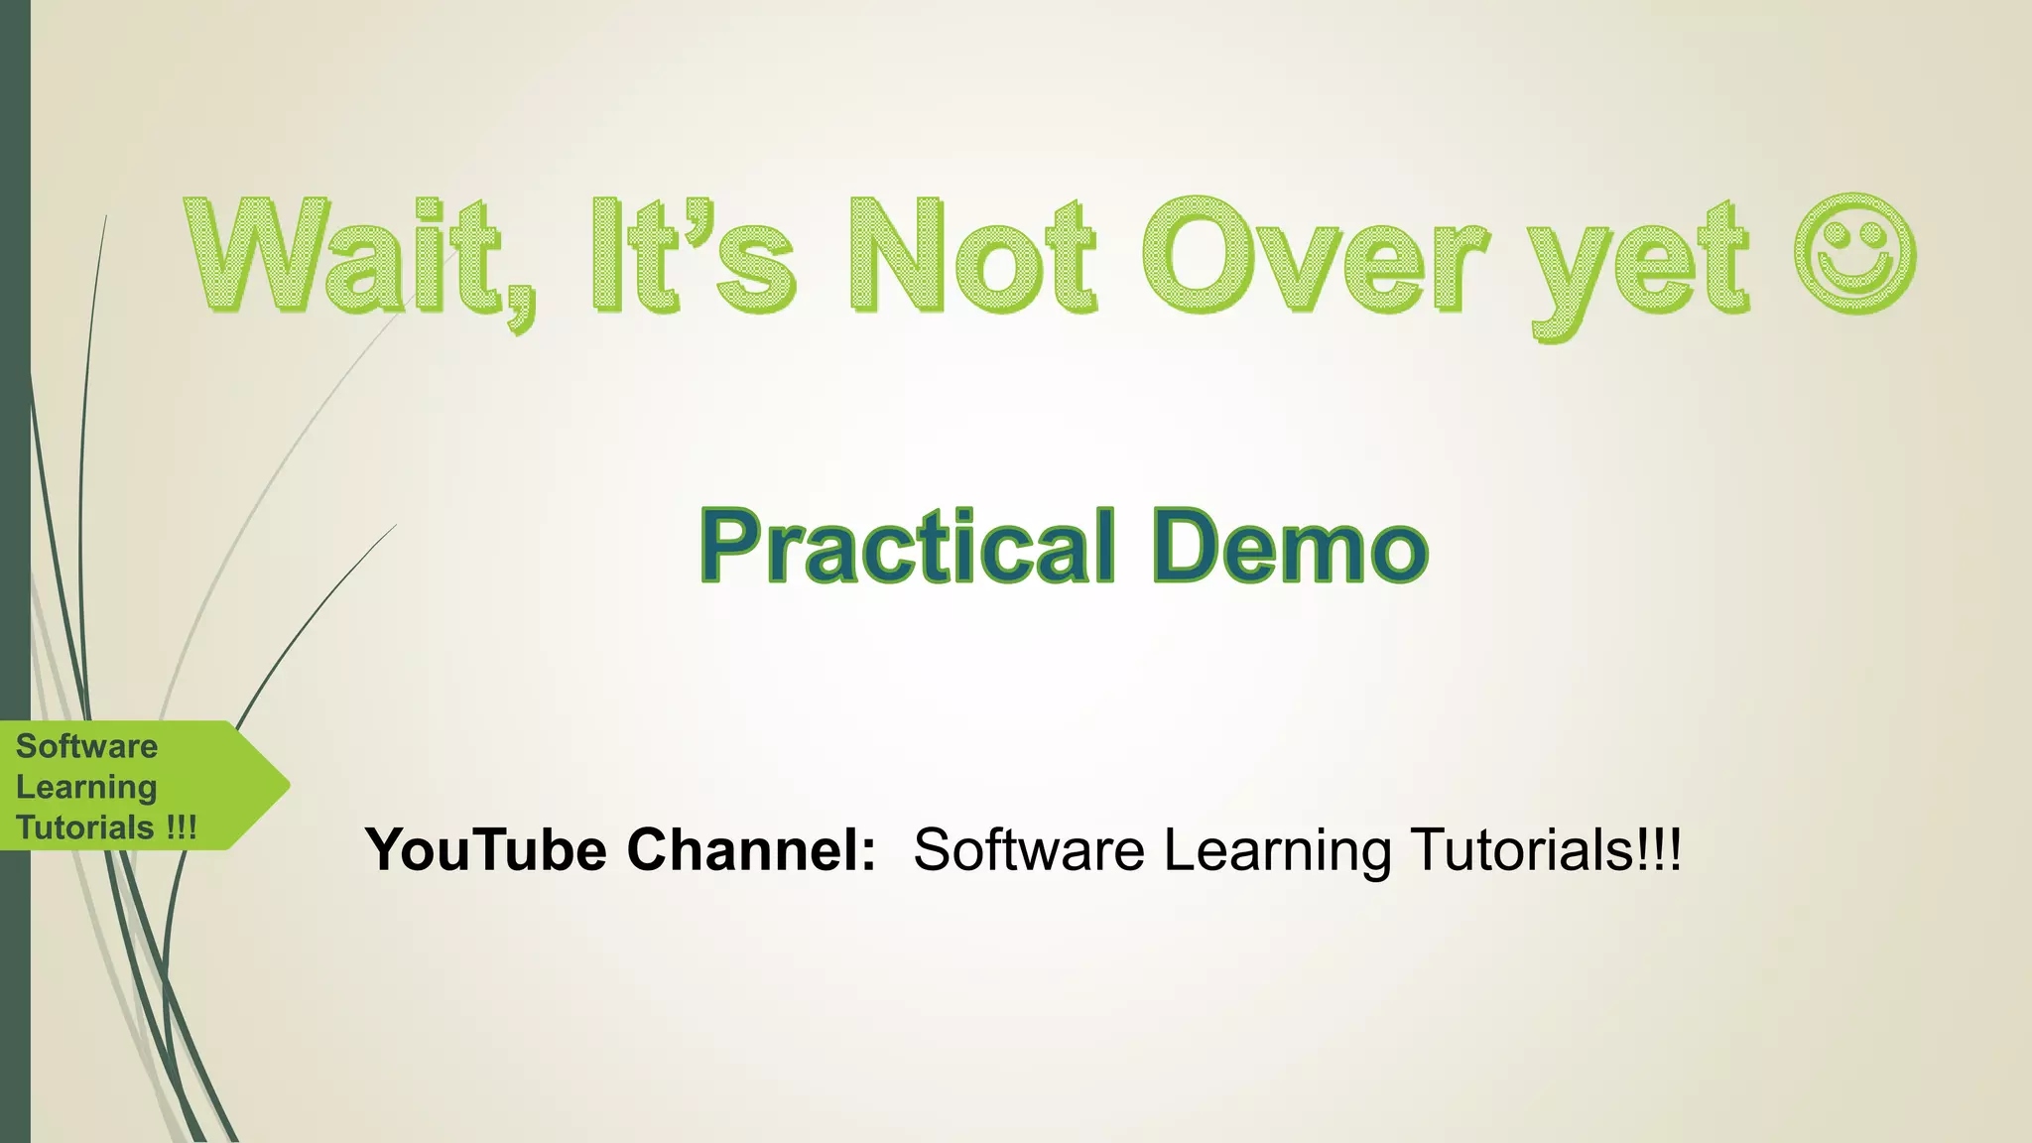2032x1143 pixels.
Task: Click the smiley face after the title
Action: click(x=1854, y=254)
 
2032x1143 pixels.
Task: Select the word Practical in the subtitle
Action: click(x=908, y=547)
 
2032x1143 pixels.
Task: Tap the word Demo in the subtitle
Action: click(x=1290, y=547)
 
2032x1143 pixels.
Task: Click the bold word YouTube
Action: click(x=486, y=850)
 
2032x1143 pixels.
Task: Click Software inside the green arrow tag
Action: click(x=87, y=746)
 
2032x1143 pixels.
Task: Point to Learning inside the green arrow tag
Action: click(x=87, y=788)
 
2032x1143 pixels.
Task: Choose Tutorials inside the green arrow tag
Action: click(x=85, y=827)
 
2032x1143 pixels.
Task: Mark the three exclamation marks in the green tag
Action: click(x=182, y=827)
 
